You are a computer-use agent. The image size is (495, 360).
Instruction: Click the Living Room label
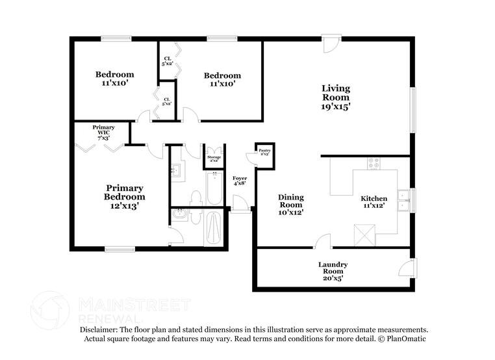pyautogui.click(x=336, y=97)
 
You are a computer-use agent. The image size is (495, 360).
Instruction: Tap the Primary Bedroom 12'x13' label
pyautogui.click(x=125, y=196)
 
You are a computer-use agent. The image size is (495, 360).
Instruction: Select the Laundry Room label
pyautogui.click(x=333, y=271)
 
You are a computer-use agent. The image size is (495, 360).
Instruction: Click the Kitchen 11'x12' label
pyautogui.click(x=374, y=202)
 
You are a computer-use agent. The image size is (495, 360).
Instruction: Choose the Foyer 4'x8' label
pyautogui.click(x=239, y=181)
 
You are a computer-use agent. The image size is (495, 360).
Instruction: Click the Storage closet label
pyautogui.click(x=214, y=158)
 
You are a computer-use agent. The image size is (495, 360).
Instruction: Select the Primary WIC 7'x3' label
pyautogui.click(x=103, y=133)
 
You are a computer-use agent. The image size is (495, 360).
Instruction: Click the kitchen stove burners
pyautogui.click(x=374, y=163)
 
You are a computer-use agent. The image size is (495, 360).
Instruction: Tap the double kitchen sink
pyautogui.click(x=403, y=199)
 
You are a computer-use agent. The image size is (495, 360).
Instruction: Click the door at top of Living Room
pyautogui.click(x=331, y=45)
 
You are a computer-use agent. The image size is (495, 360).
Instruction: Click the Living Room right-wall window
pyautogui.click(x=412, y=111)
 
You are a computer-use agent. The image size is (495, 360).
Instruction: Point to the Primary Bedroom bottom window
pyautogui.click(x=120, y=248)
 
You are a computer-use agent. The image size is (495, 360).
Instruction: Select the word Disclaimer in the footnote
pyautogui.click(x=103, y=329)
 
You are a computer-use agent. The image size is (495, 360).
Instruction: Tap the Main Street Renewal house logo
pyautogui.click(x=50, y=309)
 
